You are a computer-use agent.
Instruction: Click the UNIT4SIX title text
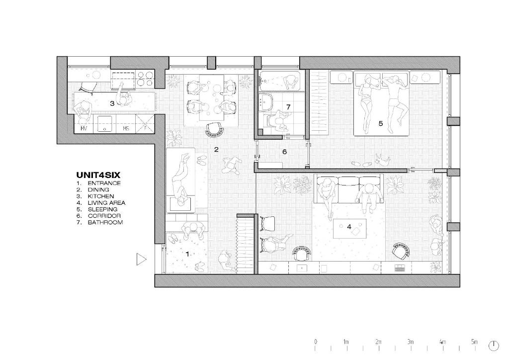point(98,176)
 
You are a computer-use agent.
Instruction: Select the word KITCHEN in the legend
point(100,196)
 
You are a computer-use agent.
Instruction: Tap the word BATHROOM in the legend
point(105,223)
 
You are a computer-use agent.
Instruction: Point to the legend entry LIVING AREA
point(106,203)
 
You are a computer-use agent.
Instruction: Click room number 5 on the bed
point(381,123)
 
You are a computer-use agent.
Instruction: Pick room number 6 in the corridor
point(285,152)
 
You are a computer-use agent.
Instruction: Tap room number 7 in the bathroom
point(288,107)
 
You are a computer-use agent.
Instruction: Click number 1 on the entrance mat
point(187,254)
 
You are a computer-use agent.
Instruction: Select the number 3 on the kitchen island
point(112,103)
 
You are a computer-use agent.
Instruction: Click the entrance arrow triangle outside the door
point(141,260)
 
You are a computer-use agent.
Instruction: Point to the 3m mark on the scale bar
point(411,342)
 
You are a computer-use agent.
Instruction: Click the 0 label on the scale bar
point(316,342)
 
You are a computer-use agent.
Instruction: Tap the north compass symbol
point(494,346)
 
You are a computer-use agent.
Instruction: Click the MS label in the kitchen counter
point(126,129)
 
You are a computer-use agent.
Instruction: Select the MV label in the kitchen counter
point(84,129)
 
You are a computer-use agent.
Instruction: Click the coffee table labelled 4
point(350,229)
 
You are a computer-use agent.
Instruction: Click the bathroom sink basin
point(265,103)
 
